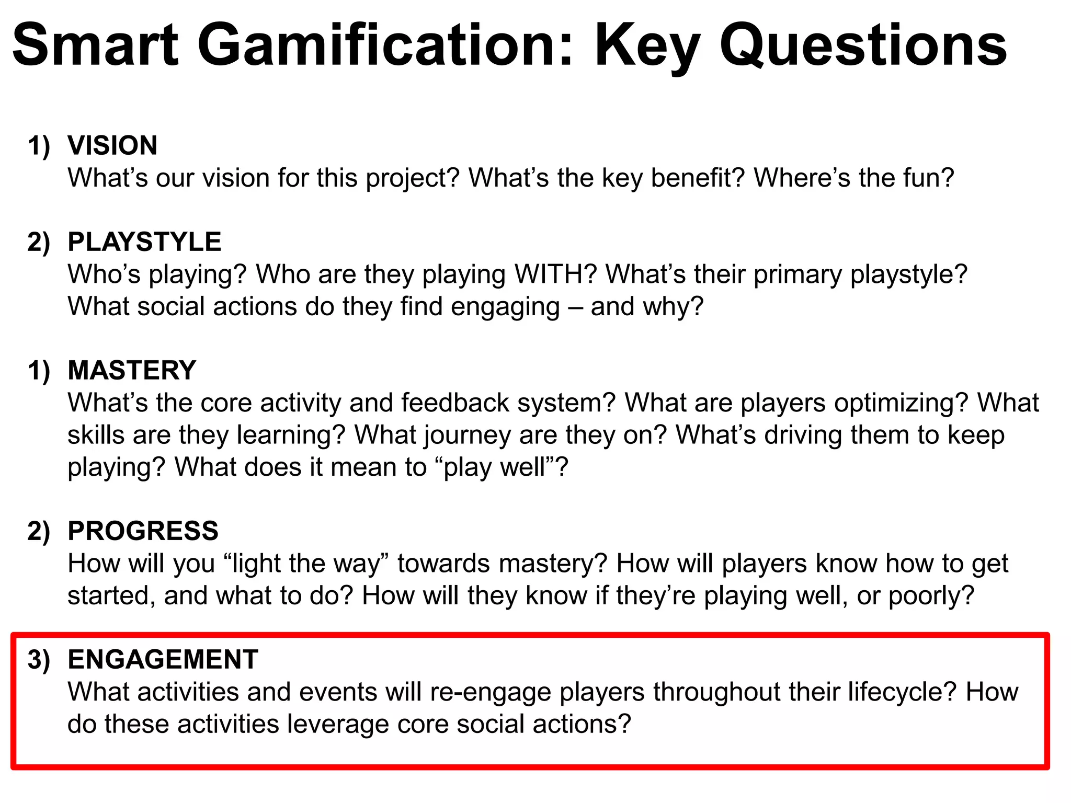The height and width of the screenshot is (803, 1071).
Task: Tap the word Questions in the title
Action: click(863, 46)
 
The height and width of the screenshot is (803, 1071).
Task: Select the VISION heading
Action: click(112, 145)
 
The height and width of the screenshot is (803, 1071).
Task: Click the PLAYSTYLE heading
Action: click(144, 242)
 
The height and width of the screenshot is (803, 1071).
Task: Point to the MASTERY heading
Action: click(132, 370)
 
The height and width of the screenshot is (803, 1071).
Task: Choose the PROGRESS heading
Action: click(143, 531)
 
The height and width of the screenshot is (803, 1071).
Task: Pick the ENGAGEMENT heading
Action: click(163, 659)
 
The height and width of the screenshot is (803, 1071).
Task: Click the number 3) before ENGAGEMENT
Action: click(39, 659)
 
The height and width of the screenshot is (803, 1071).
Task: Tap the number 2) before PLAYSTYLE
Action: click(39, 242)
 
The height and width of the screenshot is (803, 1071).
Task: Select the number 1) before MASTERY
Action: click(39, 370)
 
